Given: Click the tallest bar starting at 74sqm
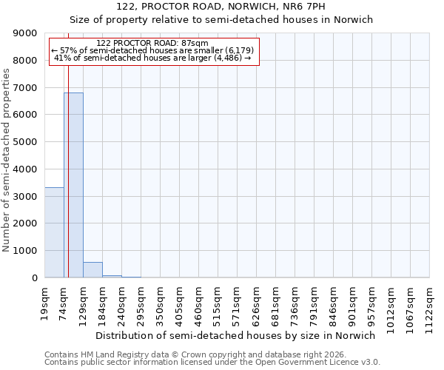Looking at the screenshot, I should point(73,185).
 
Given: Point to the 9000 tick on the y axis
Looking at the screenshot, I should point(27,33).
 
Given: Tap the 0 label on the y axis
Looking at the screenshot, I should point(34,278).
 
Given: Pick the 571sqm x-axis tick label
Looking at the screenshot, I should point(237,302).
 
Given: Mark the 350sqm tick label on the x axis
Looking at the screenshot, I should point(160,302).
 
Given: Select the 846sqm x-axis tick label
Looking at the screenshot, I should point(333,302).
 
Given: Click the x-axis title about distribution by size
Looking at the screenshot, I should point(235,335).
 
